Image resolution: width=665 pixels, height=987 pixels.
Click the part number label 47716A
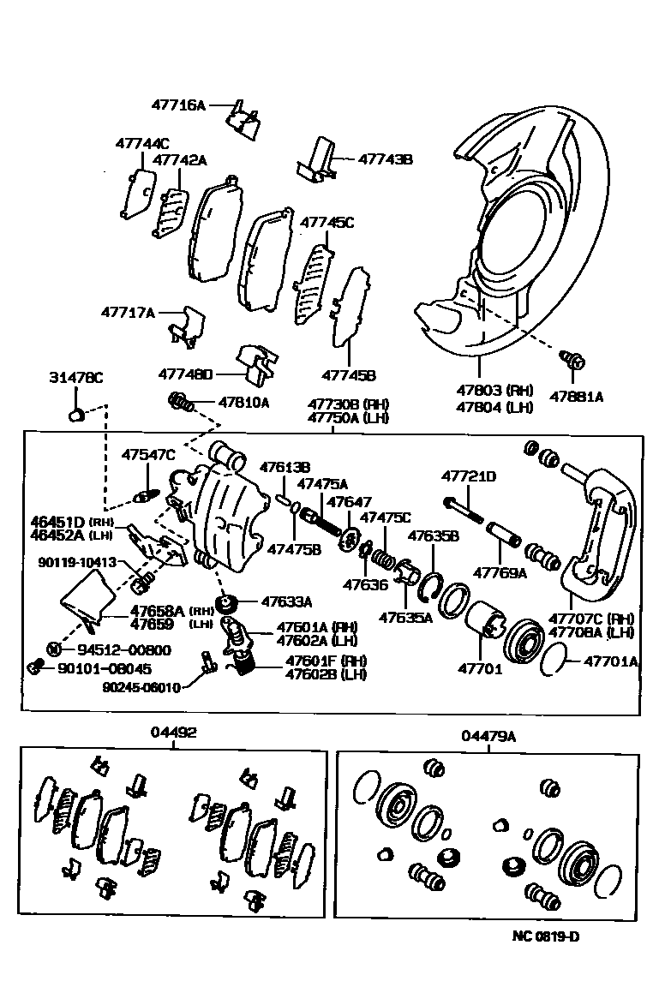(178, 105)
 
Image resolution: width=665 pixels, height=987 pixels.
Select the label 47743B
(385, 159)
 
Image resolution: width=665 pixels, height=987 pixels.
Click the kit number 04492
(174, 733)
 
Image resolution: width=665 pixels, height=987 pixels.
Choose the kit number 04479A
(488, 736)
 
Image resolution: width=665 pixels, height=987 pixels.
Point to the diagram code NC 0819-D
(545, 936)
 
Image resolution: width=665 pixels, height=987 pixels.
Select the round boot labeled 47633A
(228, 604)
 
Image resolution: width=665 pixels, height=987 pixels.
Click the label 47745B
(349, 374)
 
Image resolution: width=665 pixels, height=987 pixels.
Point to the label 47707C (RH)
(591, 619)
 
